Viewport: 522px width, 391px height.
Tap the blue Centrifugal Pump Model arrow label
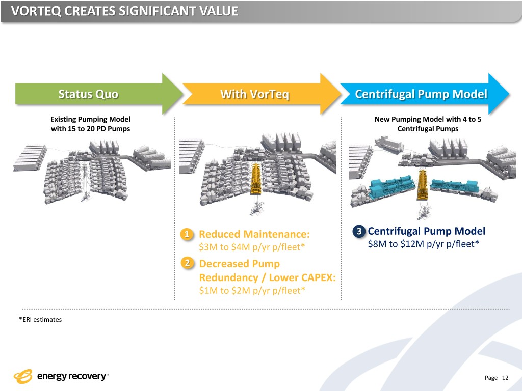421,95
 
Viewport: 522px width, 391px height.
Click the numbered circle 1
188,234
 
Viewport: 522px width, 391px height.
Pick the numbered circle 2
188,263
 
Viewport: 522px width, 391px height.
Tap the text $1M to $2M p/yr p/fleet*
252,291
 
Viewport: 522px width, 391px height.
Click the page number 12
505,378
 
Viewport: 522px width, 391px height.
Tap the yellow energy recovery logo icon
23,377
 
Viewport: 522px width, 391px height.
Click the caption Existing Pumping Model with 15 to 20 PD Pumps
90,124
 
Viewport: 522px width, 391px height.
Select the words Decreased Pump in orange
239,264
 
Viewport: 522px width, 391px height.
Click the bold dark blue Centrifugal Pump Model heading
426,231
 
